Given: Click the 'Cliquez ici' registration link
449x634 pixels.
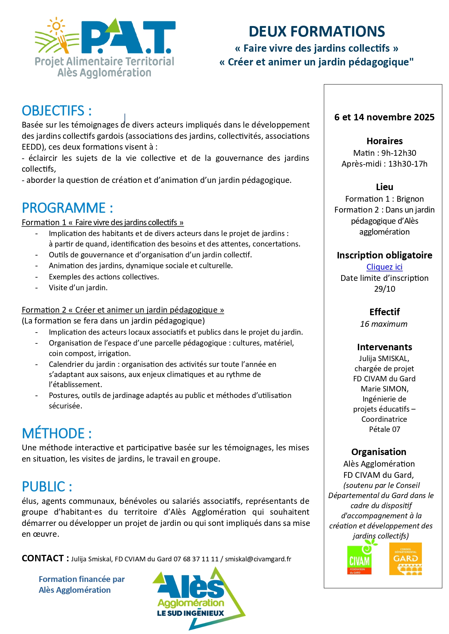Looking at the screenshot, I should pos(384,267).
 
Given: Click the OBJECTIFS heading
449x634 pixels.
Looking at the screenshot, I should pos(57,111).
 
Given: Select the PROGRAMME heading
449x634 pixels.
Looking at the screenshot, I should pos(67,208).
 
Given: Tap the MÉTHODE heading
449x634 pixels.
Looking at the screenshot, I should pos(57,433).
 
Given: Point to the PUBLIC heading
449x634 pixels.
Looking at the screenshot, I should pos(47,487).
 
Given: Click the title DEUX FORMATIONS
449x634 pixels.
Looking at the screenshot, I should pos(317,32).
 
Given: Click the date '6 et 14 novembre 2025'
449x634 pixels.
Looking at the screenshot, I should pos(384,117).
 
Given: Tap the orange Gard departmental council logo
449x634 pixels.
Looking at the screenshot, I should pos(405,559).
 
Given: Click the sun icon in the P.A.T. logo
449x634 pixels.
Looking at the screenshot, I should pos(56,26).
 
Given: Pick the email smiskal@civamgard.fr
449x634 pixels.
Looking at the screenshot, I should pos(258,559).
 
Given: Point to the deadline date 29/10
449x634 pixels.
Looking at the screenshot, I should pos(384,289).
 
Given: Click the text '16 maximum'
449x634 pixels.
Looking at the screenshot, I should pos(384,324).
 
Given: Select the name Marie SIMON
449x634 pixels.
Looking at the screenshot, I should pos(384,389).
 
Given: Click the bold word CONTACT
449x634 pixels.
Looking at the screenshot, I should pos(43,558).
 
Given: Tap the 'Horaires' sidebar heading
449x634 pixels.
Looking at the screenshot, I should pos(384,141).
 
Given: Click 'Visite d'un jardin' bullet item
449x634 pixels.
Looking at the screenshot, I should pos(78,288).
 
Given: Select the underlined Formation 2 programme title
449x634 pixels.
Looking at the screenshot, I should pos(123,310).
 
